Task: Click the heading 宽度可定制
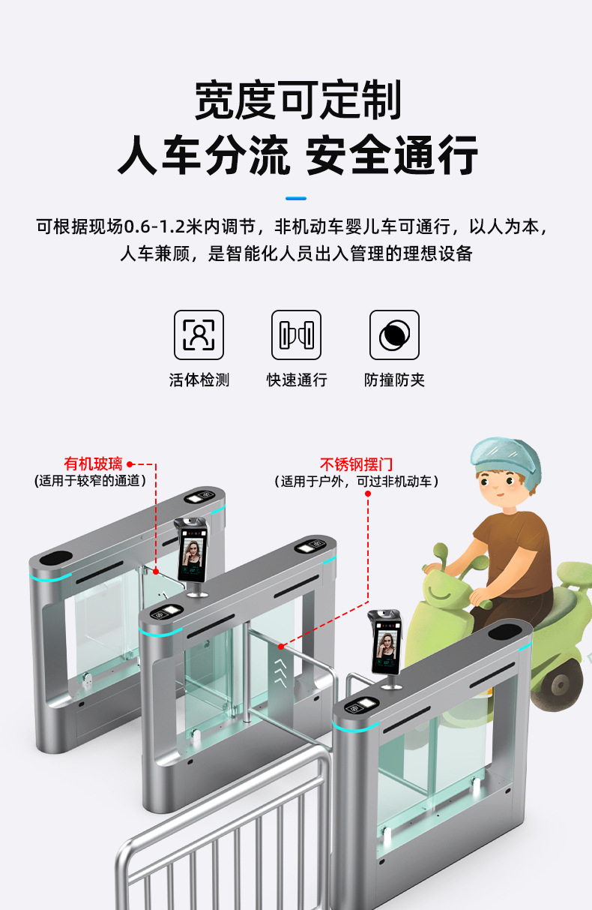[297, 100]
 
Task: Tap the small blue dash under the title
[296, 198]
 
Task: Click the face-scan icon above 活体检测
[199, 335]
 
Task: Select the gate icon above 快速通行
[296, 335]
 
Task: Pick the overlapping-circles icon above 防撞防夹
[394, 335]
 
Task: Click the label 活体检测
[199, 380]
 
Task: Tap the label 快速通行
[297, 380]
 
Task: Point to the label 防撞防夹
[394, 380]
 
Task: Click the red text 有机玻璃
[93, 464]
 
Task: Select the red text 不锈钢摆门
[356, 464]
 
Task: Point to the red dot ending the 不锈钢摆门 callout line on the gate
[281, 646]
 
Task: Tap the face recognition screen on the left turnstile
[192, 554]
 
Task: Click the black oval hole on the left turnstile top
[56, 558]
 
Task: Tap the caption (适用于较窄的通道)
[90, 481]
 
